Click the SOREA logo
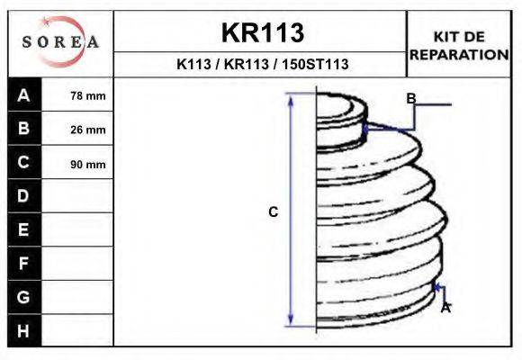click(59, 42)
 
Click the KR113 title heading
click(262, 33)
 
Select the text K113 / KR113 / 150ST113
click(262, 65)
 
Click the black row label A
click(23, 95)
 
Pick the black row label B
click(23, 129)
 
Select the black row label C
click(23, 163)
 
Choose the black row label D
click(23, 196)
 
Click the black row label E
click(23, 229)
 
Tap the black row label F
click(23, 264)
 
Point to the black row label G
click(23, 297)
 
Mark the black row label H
click(23, 331)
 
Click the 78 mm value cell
click(88, 96)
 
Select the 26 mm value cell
click(88, 130)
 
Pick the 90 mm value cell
click(88, 164)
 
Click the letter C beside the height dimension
click(274, 212)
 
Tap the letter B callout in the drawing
click(410, 98)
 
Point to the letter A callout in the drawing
click(445, 308)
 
